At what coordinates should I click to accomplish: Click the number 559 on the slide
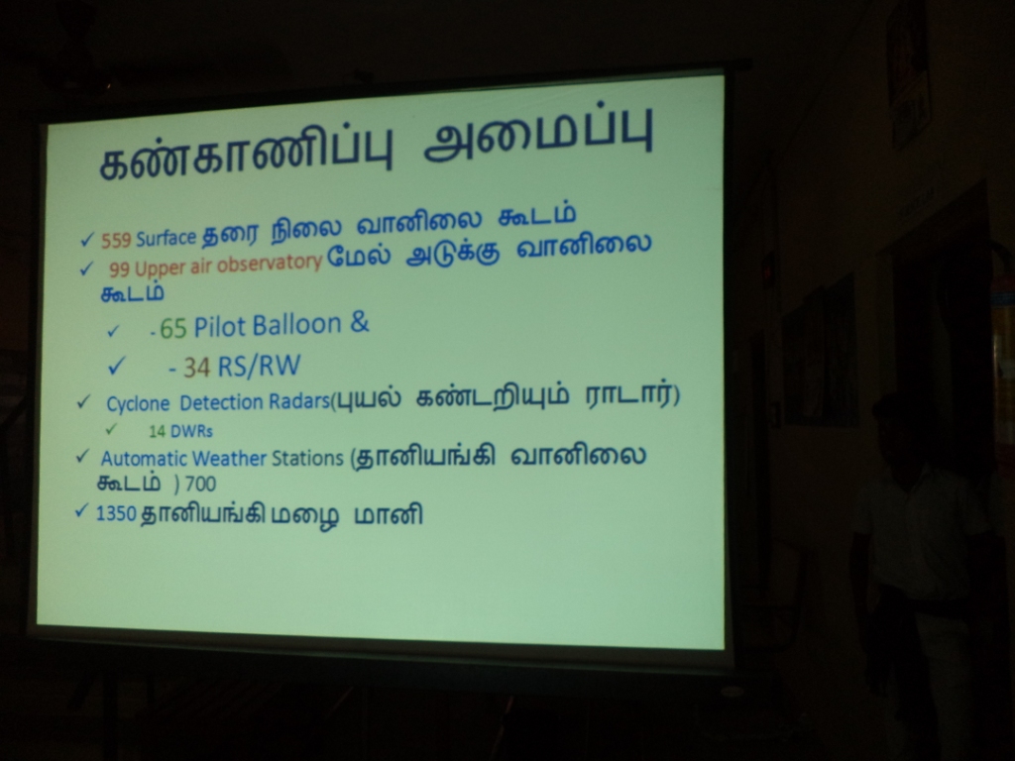(116, 240)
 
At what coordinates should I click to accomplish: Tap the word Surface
(166, 238)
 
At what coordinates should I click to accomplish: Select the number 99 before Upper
(119, 269)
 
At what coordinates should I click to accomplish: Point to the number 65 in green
(172, 328)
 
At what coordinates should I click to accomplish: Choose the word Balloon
(296, 324)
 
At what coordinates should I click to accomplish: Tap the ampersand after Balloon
(359, 322)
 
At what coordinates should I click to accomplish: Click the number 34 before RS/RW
(197, 368)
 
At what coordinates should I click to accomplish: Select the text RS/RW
(259, 366)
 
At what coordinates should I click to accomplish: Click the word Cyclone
(138, 404)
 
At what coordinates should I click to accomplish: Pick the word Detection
(221, 402)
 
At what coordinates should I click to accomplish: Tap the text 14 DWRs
(180, 431)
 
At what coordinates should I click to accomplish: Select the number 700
(200, 484)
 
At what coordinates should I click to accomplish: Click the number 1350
(116, 514)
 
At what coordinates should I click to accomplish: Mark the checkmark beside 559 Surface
(87, 240)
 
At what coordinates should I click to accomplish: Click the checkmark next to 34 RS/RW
(116, 366)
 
